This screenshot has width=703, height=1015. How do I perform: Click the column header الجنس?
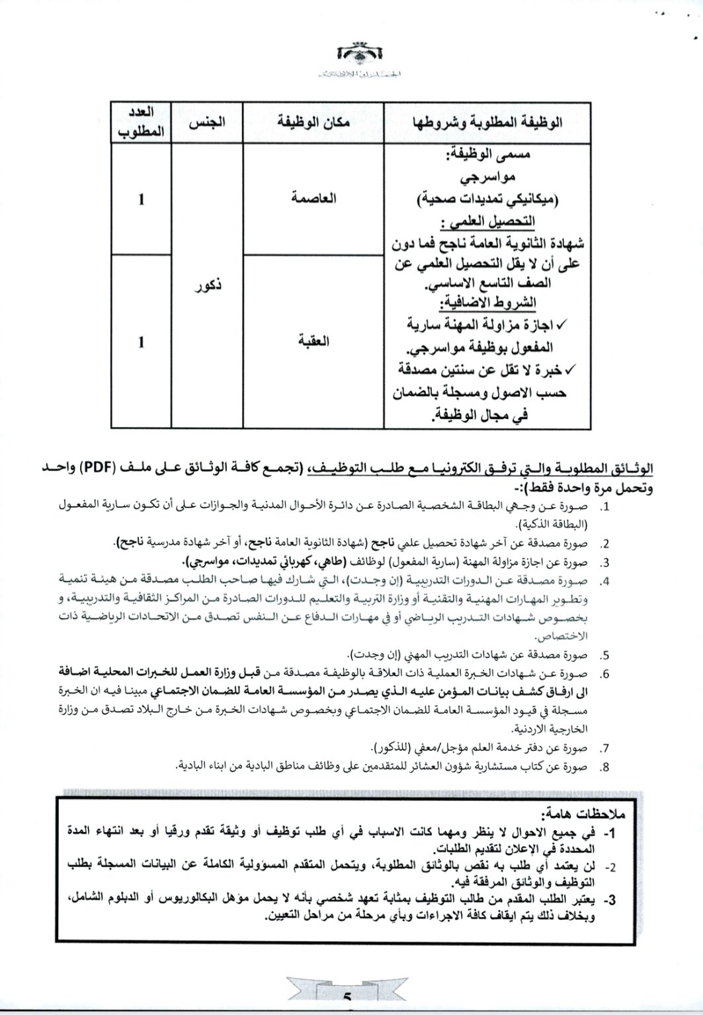coord(207,123)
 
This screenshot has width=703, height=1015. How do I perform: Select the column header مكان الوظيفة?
coord(313,122)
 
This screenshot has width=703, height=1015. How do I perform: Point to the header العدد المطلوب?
coord(141,123)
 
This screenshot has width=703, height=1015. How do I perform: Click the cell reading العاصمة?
coord(314,198)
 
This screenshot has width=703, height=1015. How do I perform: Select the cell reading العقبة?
coord(313,342)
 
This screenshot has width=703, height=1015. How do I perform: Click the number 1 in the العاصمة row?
coord(141,199)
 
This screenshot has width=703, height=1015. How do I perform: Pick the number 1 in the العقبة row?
coord(141,342)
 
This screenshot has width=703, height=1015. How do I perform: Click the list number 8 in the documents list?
coord(604,767)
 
